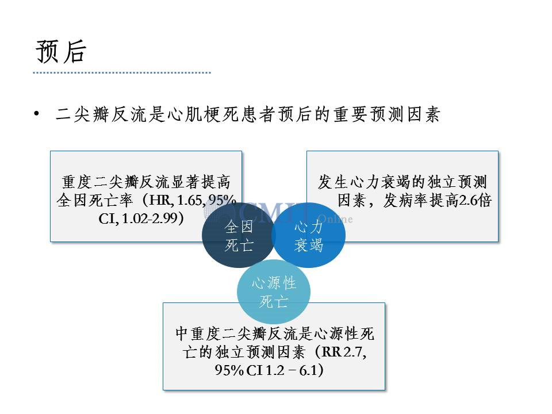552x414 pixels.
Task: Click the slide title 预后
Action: (60, 51)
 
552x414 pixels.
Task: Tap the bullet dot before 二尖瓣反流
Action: (37, 113)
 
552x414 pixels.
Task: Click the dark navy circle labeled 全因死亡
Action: (238, 235)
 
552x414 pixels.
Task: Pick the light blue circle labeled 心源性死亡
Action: (274, 292)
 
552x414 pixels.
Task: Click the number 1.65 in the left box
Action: (190, 200)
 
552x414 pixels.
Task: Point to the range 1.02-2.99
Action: (149, 218)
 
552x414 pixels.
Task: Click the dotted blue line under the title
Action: (122, 73)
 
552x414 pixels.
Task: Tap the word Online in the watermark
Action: (335, 219)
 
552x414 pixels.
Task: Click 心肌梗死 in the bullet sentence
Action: (204, 114)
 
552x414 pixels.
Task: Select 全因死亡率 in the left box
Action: (94, 200)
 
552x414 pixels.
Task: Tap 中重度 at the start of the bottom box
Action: (198, 333)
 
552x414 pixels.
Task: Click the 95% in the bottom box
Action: (229, 370)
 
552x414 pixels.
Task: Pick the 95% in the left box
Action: (222, 200)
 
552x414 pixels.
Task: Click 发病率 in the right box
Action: (405, 200)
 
